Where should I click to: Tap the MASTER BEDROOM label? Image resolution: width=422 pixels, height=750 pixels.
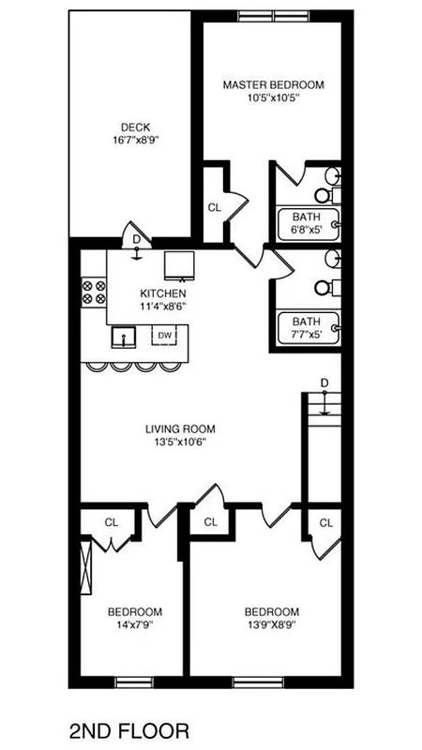tap(273, 84)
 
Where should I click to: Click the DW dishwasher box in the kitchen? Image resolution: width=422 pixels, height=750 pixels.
tap(164, 335)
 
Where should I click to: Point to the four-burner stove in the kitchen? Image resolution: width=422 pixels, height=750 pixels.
tap(94, 292)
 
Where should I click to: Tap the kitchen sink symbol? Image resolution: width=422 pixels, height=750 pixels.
tap(122, 335)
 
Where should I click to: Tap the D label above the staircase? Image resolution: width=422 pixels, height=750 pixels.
tap(324, 382)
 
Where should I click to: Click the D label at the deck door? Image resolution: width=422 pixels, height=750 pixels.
tap(136, 240)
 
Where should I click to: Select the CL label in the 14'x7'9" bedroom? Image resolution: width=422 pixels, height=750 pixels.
tap(111, 522)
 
